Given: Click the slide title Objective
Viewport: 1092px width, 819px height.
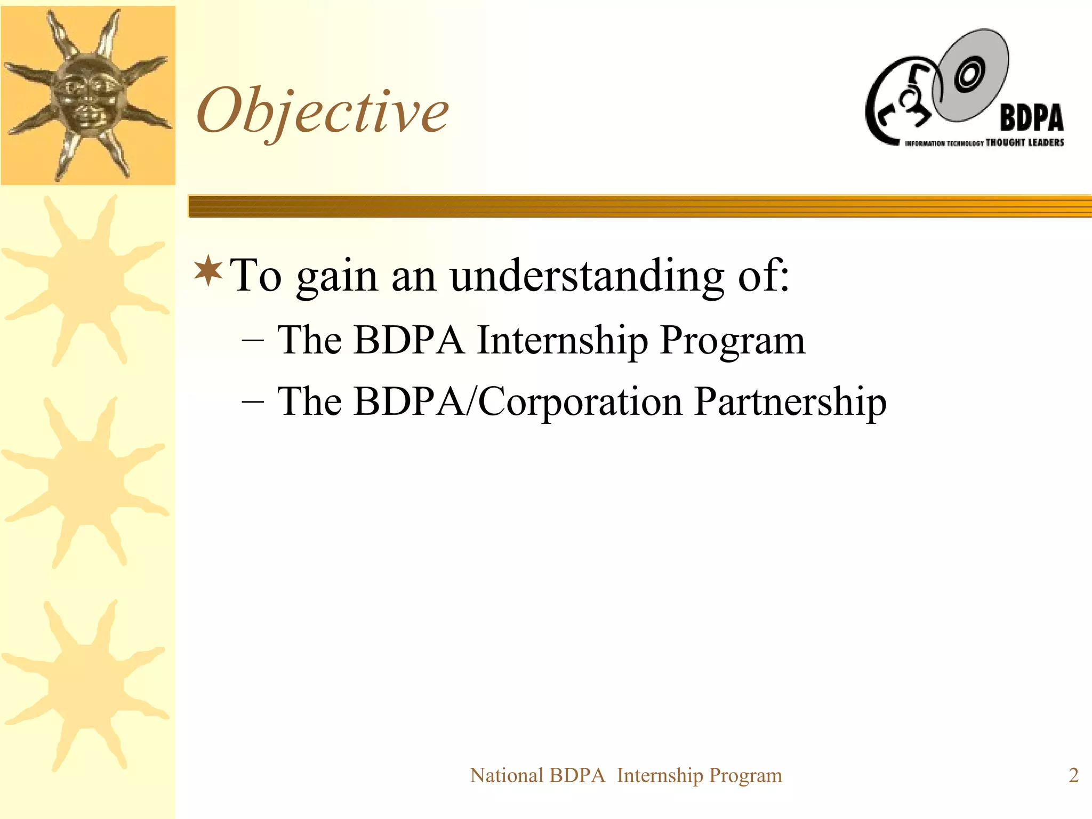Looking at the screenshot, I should tap(323, 111).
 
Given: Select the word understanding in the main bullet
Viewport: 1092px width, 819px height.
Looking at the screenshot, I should tap(587, 276).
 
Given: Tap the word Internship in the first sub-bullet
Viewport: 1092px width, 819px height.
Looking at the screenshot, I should tap(563, 340).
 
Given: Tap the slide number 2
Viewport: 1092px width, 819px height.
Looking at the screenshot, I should tap(1073, 775).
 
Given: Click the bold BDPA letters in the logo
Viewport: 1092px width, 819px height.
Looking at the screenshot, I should tap(1031, 118).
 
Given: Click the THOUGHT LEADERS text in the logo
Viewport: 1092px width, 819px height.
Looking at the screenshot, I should tap(1024, 142).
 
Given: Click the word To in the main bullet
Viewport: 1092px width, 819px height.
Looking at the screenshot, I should tap(255, 276).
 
